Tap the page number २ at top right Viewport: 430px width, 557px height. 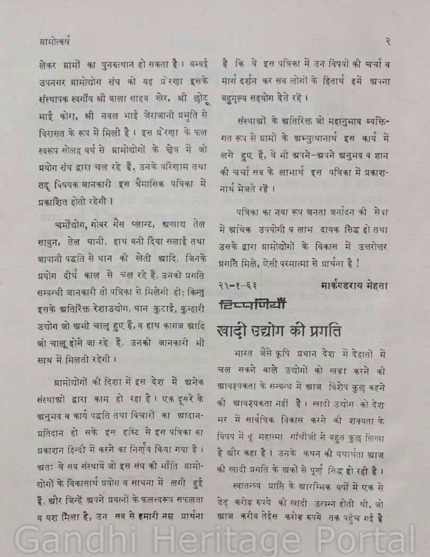click(x=388, y=40)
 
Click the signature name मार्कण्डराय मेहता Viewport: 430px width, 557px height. click(x=354, y=285)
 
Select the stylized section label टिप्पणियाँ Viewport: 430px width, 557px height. click(x=252, y=305)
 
